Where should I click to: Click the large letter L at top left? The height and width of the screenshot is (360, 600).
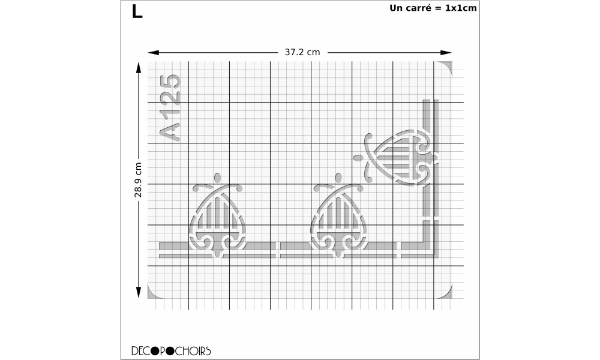tap(137, 11)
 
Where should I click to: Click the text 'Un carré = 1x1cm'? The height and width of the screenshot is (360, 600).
tap(433, 8)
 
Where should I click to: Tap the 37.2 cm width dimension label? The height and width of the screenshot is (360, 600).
tap(302, 52)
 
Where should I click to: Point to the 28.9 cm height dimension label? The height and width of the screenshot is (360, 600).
tap(138, 180)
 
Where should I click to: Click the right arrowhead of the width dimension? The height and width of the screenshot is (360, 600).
tap(446, 52)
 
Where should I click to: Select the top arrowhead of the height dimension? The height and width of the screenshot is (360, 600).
tap(139, 68)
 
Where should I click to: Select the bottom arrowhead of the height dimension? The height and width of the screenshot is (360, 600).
tap(139, 292)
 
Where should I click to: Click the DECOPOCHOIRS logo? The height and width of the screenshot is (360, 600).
tap(171, 351)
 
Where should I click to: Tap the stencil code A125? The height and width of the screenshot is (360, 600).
tap(170, 108)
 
